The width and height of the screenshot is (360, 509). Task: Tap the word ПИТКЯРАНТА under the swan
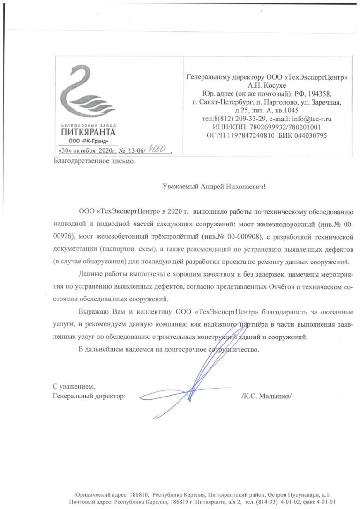pyautogui.click(x=89, y=132)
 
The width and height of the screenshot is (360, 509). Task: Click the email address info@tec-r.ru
pyautogui.click(x=310, y=119)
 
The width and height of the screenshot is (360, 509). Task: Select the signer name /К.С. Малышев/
pyautogui.click(x=266, y=396)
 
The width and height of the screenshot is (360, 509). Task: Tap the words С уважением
pyautogui.click(x=74, y=387)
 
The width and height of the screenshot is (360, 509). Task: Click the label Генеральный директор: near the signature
pyautogui.click(x=89, y=396)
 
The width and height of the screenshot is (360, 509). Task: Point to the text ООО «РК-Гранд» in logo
pyautogui.click(x=89, y=141)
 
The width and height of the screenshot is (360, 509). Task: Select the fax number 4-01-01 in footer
pyautogui.click(x=327, y=502)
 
